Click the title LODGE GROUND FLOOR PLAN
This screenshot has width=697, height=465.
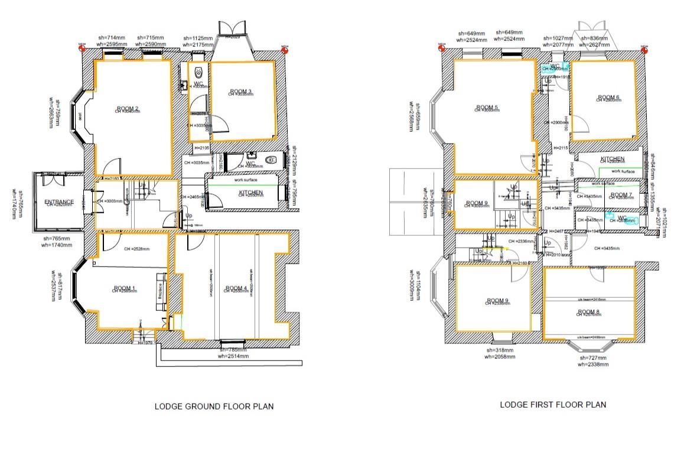(x=214, y=407)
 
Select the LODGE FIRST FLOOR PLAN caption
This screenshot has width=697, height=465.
(x=553, y=405)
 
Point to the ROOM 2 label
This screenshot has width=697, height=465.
(x=128, y=108)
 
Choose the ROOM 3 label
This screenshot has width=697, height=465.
(x=241, y=91)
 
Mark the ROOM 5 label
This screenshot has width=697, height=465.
(x=487, y=107)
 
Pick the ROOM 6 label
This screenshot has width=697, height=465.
(x=608, y=97)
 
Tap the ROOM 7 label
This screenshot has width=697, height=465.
(x=621, y=194)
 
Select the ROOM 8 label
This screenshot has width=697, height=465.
(x=588, y=311)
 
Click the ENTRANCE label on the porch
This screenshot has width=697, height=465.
(x=59, y=202)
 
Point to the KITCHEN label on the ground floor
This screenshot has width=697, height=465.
(x=250, y=193)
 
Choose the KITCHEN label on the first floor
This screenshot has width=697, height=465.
(x=613, y=160)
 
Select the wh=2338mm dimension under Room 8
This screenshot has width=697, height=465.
(x=593, y=365)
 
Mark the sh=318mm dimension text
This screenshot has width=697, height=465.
(x=497, y=350)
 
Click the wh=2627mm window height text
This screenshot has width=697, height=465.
(x=593, y=44)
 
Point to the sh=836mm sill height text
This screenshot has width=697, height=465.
(x=593, y=37)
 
